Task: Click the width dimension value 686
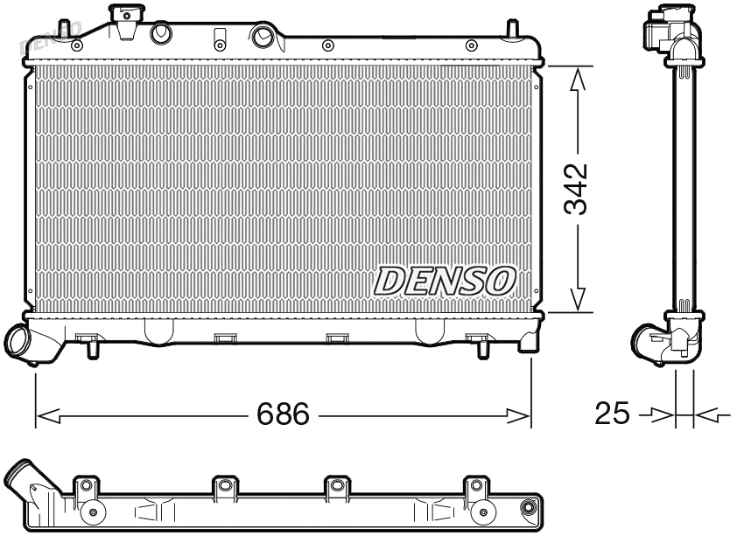(283, 414)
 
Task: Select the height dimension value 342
(575, 188)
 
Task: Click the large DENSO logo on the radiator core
(445, 280)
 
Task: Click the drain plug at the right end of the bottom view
(528, 508)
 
